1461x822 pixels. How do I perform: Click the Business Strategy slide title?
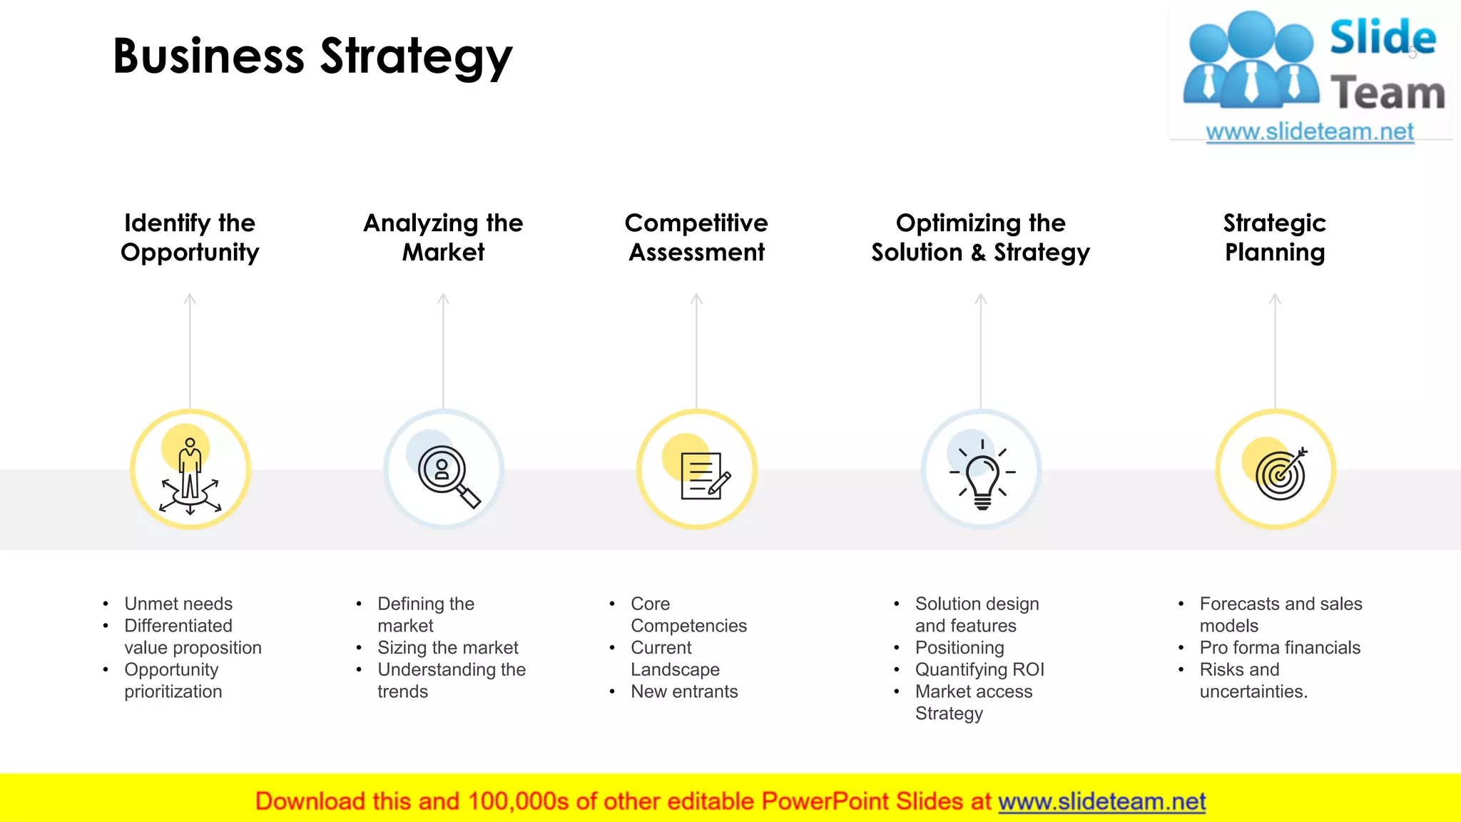(x=312, y=56)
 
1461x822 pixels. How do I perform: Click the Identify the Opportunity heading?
(x=190, y=238)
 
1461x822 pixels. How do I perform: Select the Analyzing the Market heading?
(x=443, y=238)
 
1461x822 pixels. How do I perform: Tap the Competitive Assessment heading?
(x=696, y=238)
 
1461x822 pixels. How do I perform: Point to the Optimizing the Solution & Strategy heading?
(x=980, y=238)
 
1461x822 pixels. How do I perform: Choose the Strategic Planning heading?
(x=1275, y=238)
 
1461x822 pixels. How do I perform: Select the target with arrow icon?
(x=1281, y=474)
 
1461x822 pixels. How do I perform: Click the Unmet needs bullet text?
(x=178, y=604)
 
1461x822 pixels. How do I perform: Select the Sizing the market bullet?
(x=448, y=648)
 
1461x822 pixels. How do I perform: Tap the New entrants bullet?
(x=684, y=691)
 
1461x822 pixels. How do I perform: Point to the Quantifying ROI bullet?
(x=979, y=670)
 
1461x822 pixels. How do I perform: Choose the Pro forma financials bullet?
(x=1280, y=648)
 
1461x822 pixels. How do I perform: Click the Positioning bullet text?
(x=959, y=648)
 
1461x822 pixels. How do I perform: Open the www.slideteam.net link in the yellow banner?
(x=1101, y=802)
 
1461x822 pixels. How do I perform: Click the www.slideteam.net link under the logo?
(x=1310, y=132)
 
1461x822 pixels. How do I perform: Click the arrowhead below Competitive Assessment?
(x=697, y=298)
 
